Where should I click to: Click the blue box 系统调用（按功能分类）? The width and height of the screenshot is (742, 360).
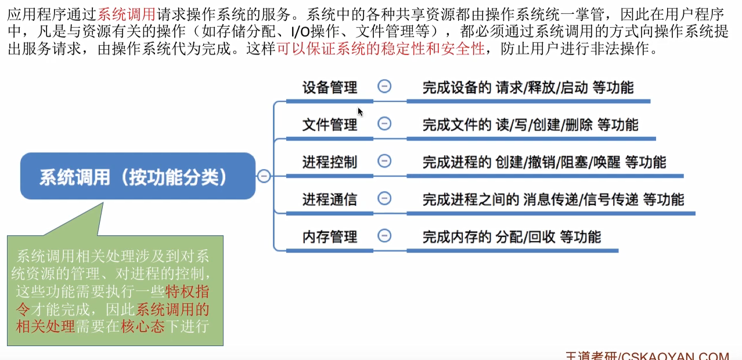[138, 176]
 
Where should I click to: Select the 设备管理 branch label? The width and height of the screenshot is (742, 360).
[330, 88]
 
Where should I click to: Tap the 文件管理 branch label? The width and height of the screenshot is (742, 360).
[330, 125]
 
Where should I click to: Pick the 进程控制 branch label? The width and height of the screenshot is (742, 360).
[330, 162]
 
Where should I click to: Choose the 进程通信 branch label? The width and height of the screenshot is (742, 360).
[330, 200]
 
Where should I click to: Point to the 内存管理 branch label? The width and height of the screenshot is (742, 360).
[330, 237]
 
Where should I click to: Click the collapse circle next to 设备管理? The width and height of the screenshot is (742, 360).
[384, 87]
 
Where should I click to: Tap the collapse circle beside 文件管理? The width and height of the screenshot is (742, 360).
[384, 124]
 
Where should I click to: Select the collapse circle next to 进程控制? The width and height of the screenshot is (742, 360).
[384, 161]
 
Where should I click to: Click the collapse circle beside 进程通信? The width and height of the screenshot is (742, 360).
[384, 199]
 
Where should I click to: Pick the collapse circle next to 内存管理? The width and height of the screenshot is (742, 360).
[384, 236]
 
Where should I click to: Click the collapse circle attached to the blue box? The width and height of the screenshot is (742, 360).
[264, 176]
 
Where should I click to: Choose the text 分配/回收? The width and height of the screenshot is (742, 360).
[525, 237]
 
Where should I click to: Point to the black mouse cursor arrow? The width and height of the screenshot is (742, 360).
[360, 111]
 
